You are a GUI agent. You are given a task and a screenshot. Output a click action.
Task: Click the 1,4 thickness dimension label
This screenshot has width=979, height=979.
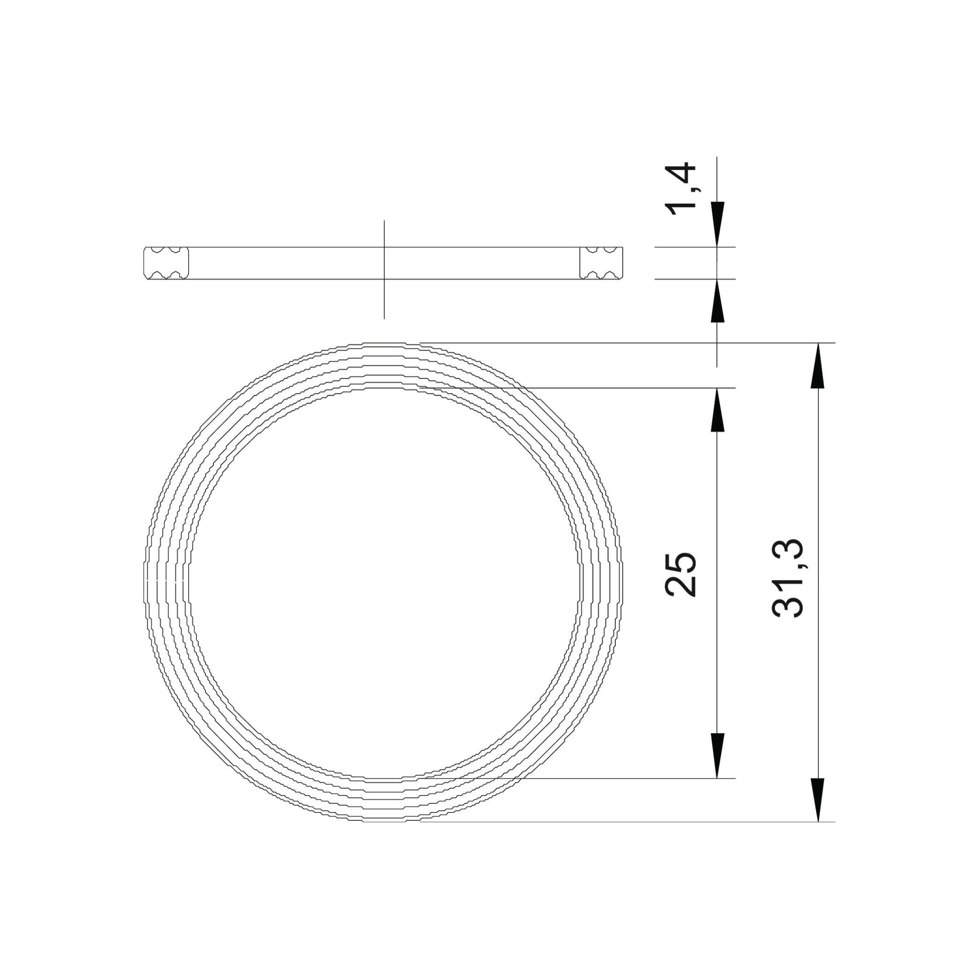(685, 188)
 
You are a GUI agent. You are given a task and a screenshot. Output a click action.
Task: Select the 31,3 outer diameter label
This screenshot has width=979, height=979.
(788, 577)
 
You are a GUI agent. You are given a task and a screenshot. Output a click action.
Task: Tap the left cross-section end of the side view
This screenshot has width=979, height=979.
(166, 263)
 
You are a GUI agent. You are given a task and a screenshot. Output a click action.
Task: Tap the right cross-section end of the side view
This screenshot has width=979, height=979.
(602, 263)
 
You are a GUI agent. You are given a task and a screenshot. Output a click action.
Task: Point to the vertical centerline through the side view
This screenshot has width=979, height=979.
(384, 270)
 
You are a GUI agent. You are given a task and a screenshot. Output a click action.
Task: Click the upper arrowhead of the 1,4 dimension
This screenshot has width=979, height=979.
(718, 224)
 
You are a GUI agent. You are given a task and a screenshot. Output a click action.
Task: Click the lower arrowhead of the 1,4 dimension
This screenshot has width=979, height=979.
(718, 301)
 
